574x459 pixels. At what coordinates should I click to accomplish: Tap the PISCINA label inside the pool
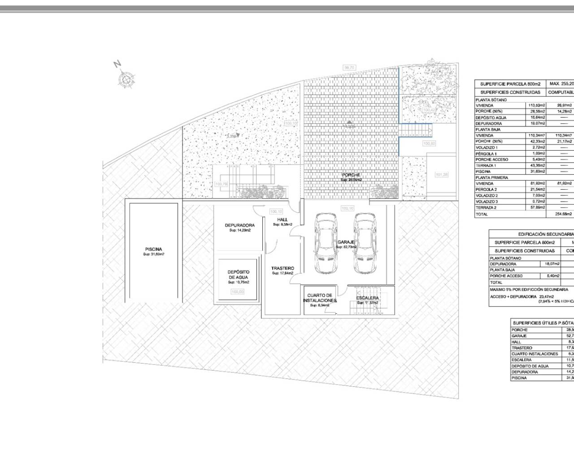click(153, 249)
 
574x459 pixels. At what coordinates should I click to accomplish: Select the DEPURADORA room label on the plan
click(239, 225)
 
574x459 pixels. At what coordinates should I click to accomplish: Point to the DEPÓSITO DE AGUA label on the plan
click(238, 275)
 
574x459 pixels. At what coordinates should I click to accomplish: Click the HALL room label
click(283, 220)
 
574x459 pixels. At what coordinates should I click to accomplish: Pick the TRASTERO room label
click(283, 268)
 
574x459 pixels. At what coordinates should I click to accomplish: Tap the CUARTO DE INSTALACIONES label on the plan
click(320, 298)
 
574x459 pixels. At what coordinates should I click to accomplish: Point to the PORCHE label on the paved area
click(351, 175)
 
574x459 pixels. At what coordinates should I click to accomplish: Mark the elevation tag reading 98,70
click(349, 68)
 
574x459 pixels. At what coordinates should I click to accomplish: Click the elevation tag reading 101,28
click(441, 174)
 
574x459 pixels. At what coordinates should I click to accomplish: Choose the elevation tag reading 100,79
click(221, 184)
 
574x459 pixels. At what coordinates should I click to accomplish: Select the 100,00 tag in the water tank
click(238, 292)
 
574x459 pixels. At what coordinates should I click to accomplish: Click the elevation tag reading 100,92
click(429, 144)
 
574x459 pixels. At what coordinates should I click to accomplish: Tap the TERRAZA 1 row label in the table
click(486, 165)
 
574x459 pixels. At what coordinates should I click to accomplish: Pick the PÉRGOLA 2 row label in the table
click(487, 190)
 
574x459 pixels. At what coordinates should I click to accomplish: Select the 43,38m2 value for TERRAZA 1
click(537, 165)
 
